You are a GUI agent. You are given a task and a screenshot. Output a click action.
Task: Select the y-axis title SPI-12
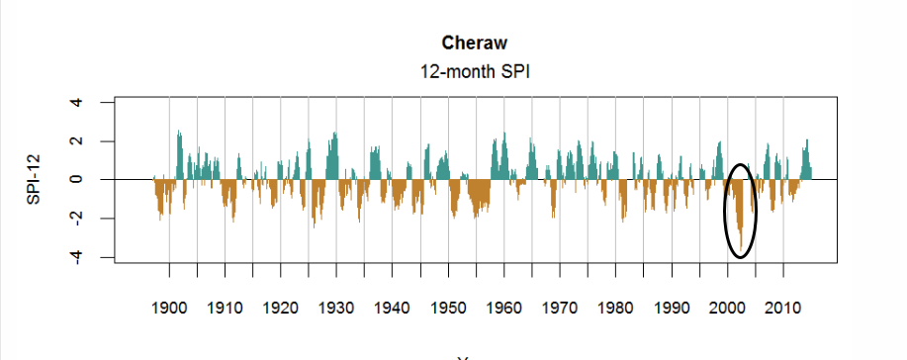[x=35, y=179]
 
